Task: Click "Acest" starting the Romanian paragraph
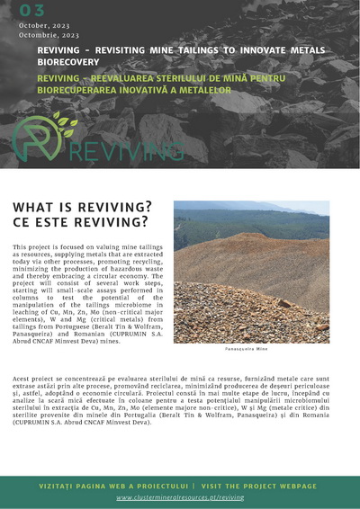pyautogui.click(x=22, y=381)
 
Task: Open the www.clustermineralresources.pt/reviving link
pyautogui.click(x=180, y=496)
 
